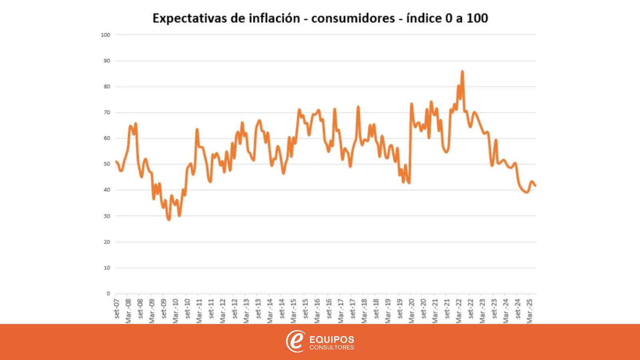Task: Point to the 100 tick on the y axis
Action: [x=106, y=35]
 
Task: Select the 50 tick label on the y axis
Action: [x=106, y=164]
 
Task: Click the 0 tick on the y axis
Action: [x=108, y=294]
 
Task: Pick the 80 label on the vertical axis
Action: [x=106, y=87]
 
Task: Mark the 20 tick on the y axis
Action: [x=106, y=242]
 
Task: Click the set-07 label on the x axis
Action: [x=117, y=308]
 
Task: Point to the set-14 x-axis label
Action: [x=282, y=308]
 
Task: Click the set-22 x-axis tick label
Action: [x=471, y=308]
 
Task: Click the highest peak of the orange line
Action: [x=462, y=72]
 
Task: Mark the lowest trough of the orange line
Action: [x=169, y=220]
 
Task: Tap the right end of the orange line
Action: [x=536, y=186]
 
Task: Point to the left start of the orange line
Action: [x=116, y=162]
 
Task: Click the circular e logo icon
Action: [x=295, y=341]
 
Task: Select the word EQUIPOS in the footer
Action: [x=332, y=340]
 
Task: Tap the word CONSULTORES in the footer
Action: [x=332, y=348]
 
